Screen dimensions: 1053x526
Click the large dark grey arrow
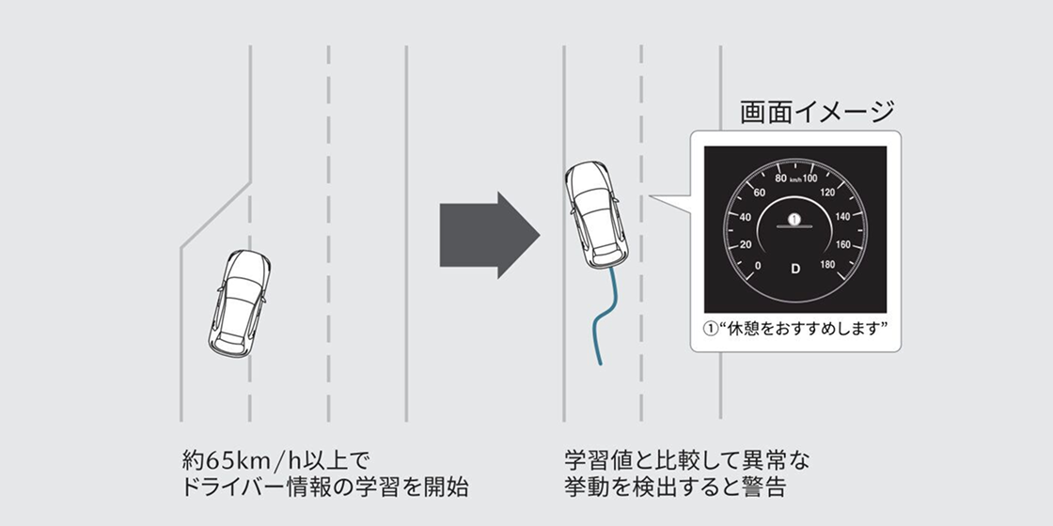click(490, 235)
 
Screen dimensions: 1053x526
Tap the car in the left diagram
click(240, 303)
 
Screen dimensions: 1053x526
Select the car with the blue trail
click(596, 215)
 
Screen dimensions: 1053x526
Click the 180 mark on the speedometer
click(827, 264)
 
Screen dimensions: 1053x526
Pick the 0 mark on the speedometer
click(758, 266)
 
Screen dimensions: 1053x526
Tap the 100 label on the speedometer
click(809, 178)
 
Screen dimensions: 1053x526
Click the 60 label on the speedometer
click(760, 193)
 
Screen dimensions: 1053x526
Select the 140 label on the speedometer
click(842, 217)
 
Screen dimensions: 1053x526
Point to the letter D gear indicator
click(795, 269)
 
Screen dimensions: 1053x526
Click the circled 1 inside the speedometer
click(795, 220)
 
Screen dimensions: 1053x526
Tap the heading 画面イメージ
click(818, 112)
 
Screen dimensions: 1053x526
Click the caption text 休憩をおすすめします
click(804, 329)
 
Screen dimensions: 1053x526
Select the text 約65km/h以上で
click(276, 460)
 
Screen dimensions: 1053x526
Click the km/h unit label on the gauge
click(795, 179)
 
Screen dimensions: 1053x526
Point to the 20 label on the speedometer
click(746, 245)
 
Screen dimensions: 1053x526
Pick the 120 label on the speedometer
click(828, 193)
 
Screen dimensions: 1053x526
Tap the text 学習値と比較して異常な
click(687, 460)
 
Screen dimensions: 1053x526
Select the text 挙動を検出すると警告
click(675, 487)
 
